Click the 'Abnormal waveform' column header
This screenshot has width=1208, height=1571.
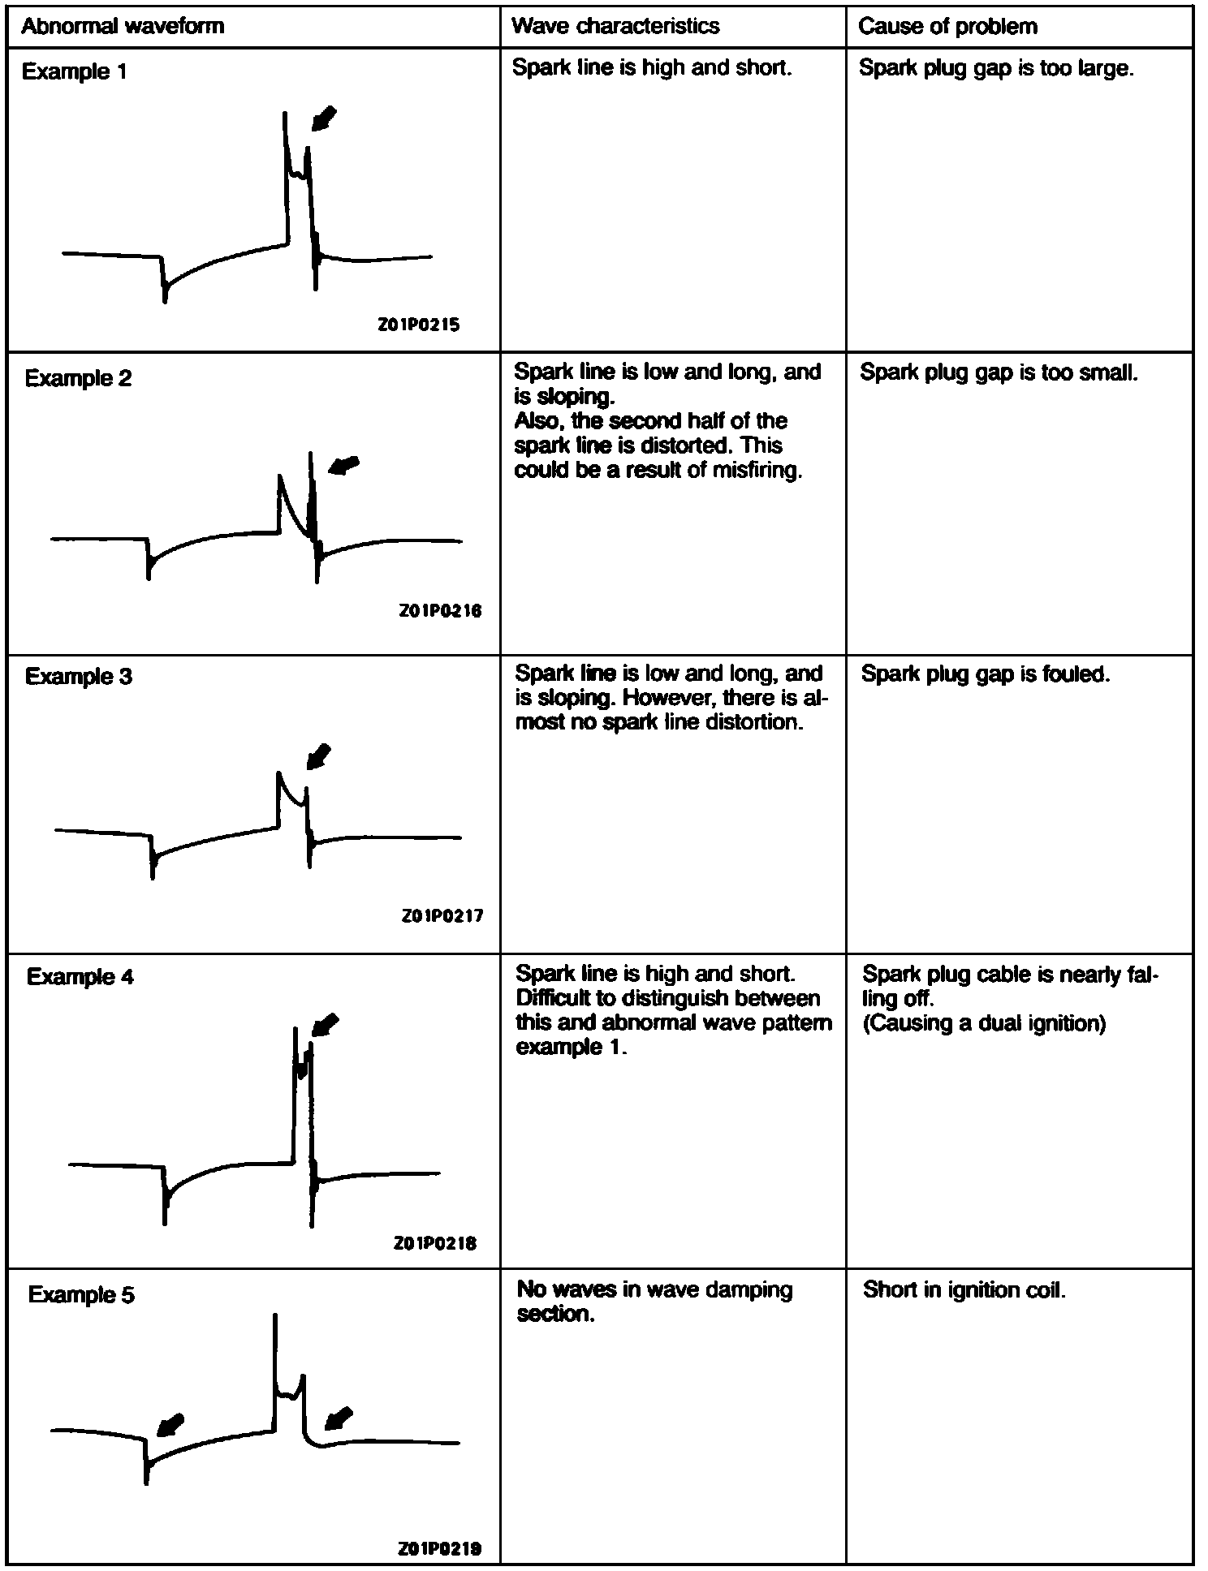(x=122, y=26)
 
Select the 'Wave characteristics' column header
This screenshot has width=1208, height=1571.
(x=615, y=26)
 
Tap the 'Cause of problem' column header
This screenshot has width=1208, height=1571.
(x=947, y=27)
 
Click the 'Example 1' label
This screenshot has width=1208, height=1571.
(x=74, y=71)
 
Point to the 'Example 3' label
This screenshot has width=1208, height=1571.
(x=78, y=676)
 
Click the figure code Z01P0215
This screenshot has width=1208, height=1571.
(x=419, y=325)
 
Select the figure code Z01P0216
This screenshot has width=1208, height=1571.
(x=440, y=610)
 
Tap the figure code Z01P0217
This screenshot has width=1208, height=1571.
(x=442, y=915)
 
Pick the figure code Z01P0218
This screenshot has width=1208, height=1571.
(x=435, y=1242)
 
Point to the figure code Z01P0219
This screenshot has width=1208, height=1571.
(x=439, y=1548)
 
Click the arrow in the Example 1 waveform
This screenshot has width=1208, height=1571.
(x=324, y=118)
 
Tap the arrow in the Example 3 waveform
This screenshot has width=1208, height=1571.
(x=319, y=755)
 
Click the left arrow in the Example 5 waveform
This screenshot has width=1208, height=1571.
(x=170, y=1425)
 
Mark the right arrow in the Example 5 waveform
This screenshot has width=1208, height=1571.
(x=339, y=1418)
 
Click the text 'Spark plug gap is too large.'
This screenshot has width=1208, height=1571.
(x=995, y=68)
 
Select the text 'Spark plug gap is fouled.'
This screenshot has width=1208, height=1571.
(x=985, y=674)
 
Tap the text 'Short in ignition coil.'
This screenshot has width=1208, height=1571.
(x=964, y=1289)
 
